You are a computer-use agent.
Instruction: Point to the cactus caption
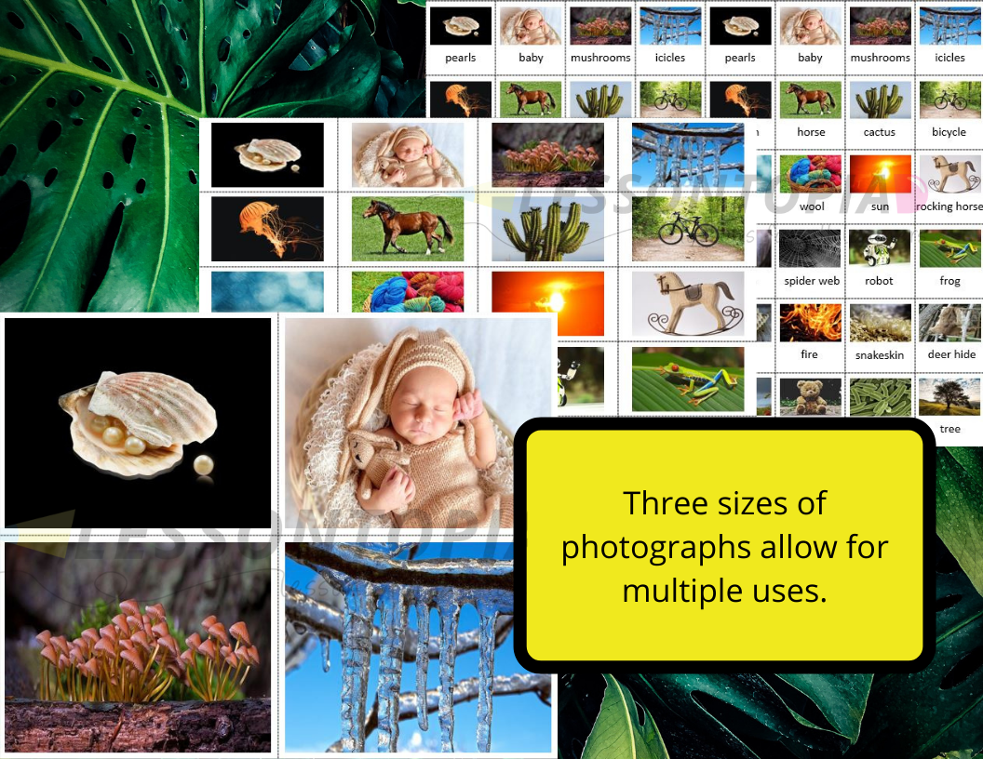(879, 132)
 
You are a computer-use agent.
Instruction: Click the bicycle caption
(949, 132)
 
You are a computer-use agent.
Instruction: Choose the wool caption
(812, 206)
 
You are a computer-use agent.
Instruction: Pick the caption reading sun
(880, 206)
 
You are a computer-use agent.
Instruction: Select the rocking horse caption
(949, 206)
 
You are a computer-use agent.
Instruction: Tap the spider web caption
(812, 281)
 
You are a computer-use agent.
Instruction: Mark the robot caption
(879, 281)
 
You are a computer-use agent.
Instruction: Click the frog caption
(949, 281)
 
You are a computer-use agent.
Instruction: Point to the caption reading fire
(809, 354)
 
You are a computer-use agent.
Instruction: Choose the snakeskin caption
(880, 355)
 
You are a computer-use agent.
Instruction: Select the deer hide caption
(951, 354)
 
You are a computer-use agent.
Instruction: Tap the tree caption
(949, 429)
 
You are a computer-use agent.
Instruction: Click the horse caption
(811, 132)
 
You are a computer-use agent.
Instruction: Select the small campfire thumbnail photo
(811, 323)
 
